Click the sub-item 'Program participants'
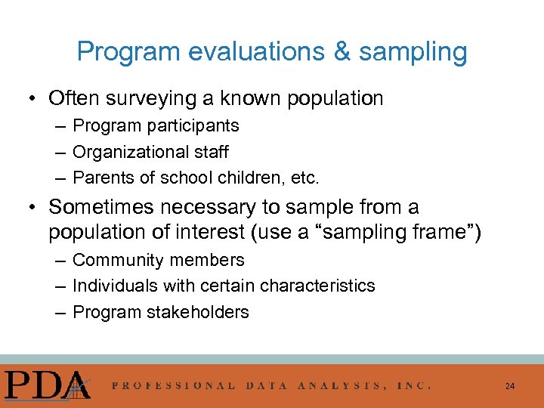156,125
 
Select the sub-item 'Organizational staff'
150,152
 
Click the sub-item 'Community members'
159,260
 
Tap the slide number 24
510,386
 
